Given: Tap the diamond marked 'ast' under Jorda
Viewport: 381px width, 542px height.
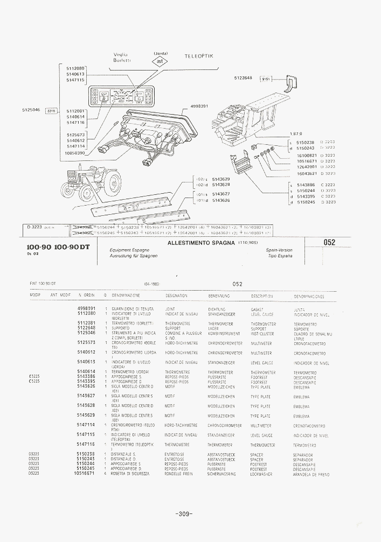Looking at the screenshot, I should click(x=160, y=61).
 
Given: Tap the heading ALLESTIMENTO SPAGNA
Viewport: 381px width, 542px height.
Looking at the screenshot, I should click(x=202, y=243).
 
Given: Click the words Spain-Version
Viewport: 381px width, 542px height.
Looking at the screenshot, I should click(x=279, y=251).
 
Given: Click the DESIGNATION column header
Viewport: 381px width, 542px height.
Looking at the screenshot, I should click(x=176, y=296).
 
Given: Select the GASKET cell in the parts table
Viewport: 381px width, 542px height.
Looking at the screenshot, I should click(x=257, y=309).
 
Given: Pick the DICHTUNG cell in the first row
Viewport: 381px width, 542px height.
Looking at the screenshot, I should click(x=216, y=309).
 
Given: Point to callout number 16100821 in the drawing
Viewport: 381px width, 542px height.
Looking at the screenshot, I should click(x=307, y=155).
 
